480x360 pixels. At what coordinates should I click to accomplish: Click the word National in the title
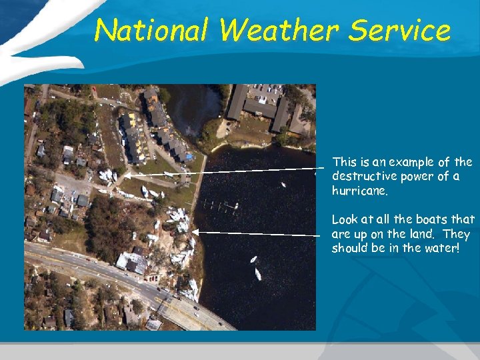(151, 31)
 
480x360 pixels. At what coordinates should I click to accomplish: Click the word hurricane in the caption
(359, 191)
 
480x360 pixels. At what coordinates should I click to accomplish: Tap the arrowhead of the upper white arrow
(127, 175)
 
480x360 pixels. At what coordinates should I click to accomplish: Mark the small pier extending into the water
(225, 207)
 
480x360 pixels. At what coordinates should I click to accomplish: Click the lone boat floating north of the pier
(283, 184)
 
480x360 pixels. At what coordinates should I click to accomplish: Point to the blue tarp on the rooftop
(189, 157)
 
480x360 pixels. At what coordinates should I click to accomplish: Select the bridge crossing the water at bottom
(200, 313)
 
